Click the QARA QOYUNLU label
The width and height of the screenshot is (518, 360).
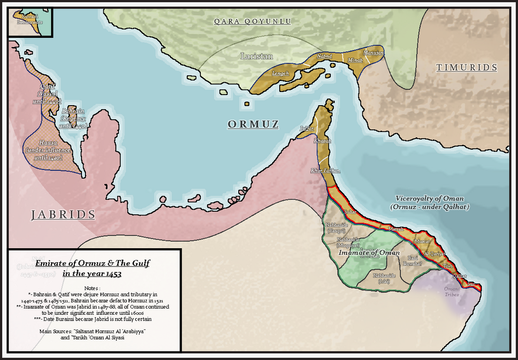coord(252,21)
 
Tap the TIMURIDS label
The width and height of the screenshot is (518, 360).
coord(467,68)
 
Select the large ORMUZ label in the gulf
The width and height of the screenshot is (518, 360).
coord(252,124)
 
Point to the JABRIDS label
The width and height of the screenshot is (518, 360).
coord(63,215)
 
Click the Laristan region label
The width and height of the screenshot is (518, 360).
coord(256,56)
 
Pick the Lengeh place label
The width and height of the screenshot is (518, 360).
coord(280,73)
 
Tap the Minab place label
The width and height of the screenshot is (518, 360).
coord(356,60)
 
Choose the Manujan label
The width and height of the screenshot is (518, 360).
coord(373,53)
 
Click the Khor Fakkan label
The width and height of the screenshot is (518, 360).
coord(325,171)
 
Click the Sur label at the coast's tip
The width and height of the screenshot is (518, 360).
coord(471,284)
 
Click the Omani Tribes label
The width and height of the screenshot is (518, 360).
coord(452,292)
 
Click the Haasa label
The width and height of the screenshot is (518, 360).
coord(48,144)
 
